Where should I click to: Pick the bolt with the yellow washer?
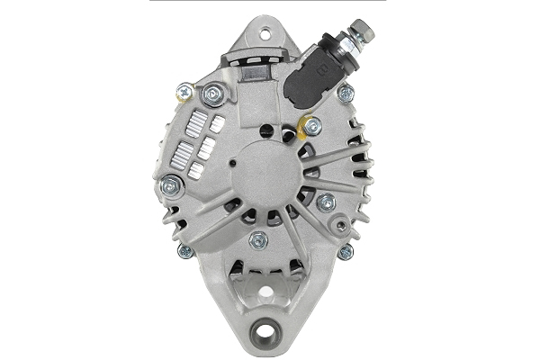311,126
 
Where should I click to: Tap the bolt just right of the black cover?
346,93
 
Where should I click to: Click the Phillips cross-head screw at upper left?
185,90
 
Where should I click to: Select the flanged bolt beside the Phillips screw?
214,94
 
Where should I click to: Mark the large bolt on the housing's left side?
169,185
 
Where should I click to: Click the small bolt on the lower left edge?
185,252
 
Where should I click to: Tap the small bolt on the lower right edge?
345,252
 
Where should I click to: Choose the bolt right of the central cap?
326,202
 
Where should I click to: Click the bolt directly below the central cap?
259,239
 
